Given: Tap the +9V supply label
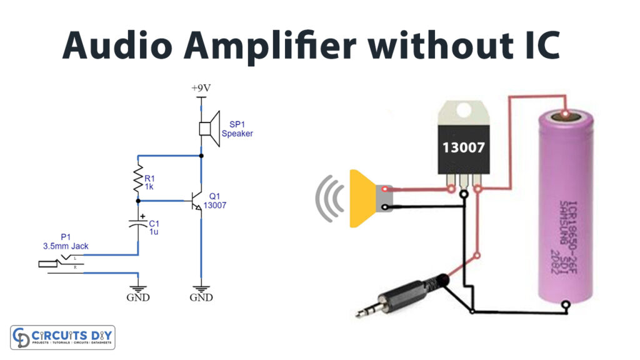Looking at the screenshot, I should click(201, 88).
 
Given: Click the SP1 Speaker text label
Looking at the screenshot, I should click(237, 129).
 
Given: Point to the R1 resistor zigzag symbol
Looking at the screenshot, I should click(139, 179).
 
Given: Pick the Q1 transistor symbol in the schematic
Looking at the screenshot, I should click(197, 201).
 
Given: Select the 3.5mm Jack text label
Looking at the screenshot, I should click(66, 246).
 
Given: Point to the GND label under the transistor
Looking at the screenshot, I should click(201, 297).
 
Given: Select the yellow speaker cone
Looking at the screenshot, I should click(363, 198).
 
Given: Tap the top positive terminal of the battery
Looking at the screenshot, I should click(566, 115).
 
